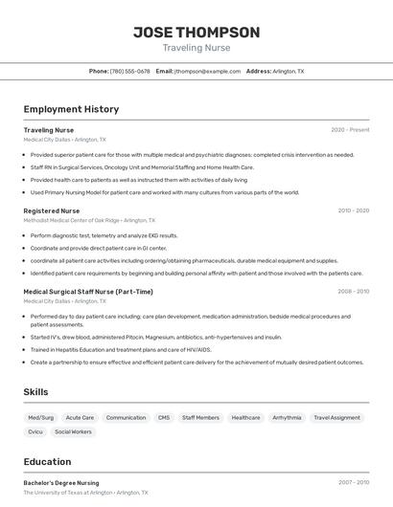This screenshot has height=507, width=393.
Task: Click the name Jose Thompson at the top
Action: (196, 33)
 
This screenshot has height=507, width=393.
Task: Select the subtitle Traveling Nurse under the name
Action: (196, 48)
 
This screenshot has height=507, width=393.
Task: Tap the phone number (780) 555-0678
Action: (130, 72)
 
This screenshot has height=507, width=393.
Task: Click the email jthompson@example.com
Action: (208, 72)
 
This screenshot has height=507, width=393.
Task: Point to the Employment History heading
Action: (71, 109)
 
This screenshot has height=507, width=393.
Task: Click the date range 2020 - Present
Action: (350, 129)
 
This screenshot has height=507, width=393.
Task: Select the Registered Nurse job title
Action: (52, 210)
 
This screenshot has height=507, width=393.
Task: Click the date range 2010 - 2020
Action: (353, 210)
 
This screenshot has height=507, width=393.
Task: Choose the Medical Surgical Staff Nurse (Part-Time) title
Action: (88, 292)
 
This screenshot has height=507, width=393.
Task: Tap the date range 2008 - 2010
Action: (353, 292)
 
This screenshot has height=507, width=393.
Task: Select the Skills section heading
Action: (35, 392)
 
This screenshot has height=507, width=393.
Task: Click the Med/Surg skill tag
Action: (41, 418)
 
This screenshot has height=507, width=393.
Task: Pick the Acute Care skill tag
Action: (80, 418)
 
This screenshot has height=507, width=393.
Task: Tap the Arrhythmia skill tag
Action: (287, 418)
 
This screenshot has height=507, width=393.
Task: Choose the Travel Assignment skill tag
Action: (337, 418)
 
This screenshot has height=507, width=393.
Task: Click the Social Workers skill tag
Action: (74, 432)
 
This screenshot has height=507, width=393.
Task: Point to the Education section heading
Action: (48, 461)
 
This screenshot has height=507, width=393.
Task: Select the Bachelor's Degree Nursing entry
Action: (61, 483)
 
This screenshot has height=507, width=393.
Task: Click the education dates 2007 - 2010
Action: (353, 483)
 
